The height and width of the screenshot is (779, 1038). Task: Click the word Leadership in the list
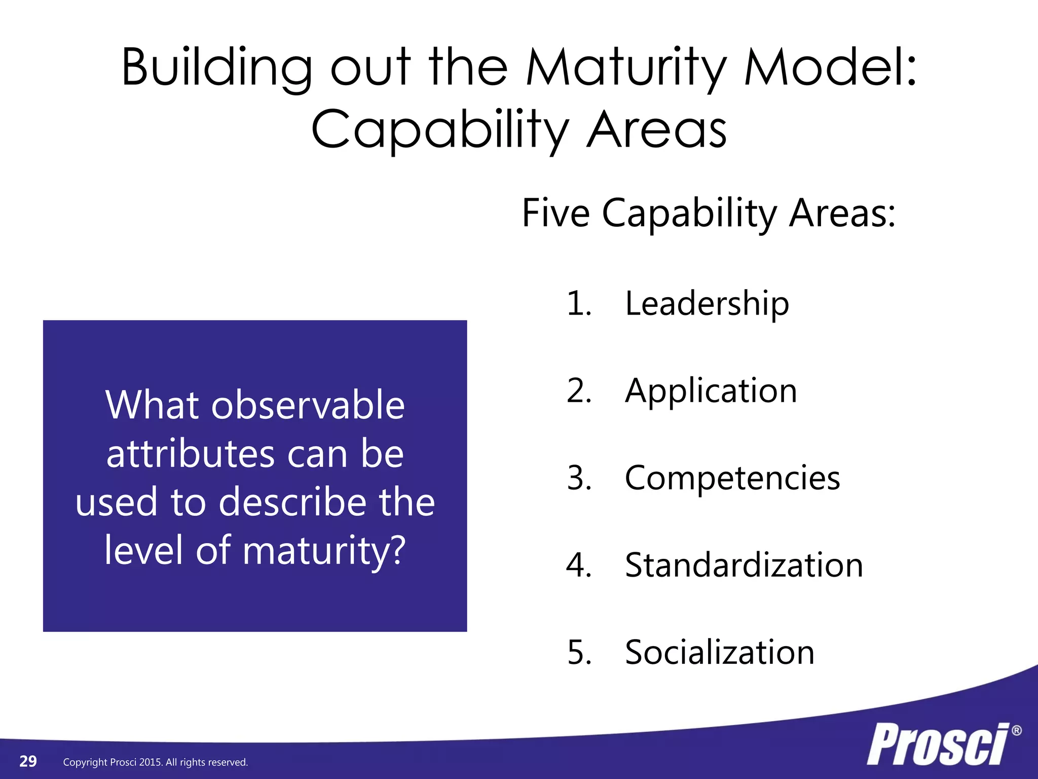click(x=707, y=304)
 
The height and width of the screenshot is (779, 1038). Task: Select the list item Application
click(x=711, y=391)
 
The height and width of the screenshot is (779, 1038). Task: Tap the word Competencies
click(x=732, y=478)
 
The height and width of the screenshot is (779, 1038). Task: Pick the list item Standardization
click(x=744, y=565)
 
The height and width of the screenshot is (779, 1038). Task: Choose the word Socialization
click(x=719, y=653)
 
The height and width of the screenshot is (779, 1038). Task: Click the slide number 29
click(x=28, y=761)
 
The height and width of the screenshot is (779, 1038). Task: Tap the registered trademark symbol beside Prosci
click(x=1016, y=731)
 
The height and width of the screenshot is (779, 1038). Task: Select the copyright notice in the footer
click(x=155, y=762)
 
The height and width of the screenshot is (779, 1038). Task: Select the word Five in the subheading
click(x=555, y=213)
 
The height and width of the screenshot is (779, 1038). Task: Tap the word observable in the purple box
click(x=308, y=405)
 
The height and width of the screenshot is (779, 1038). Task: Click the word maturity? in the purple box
click(x=324, y=550)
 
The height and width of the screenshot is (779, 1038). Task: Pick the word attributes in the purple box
click(x=191, y=453)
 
